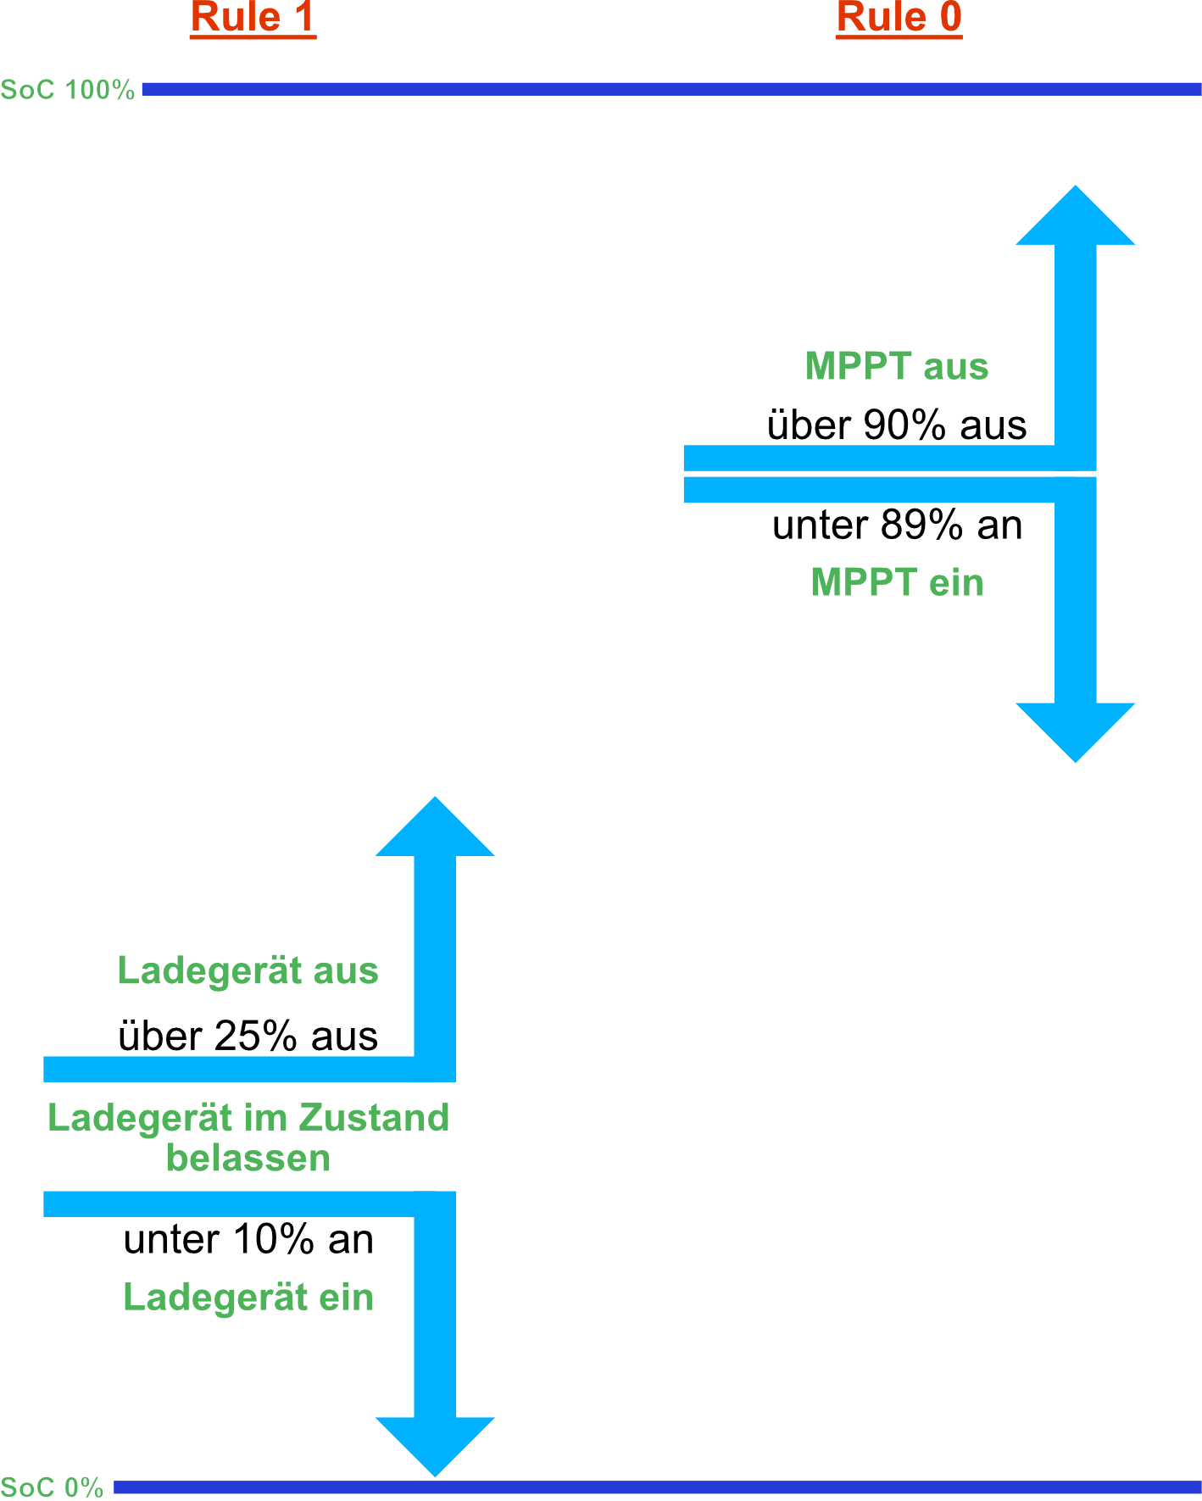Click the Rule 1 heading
(x=253, y=18)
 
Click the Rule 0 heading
(x=899, y=18)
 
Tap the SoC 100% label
(x=68, y=90)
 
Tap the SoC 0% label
(x=52, y=1487)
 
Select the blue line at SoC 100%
(x=670, y=89)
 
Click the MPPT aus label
(x=897, y=367)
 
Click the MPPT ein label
(x=897, y=583)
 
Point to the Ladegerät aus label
(x=248, y=971)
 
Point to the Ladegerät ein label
(x=248, y=1298)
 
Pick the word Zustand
(x=374, y=1118)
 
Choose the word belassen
(x=248, y=1159)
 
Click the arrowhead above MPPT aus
(x=1075, y=220)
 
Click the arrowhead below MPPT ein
(x=1075, y=730)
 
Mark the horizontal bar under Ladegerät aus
(x=229, y=1069)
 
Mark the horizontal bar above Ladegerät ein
(x=229, y=1204)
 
